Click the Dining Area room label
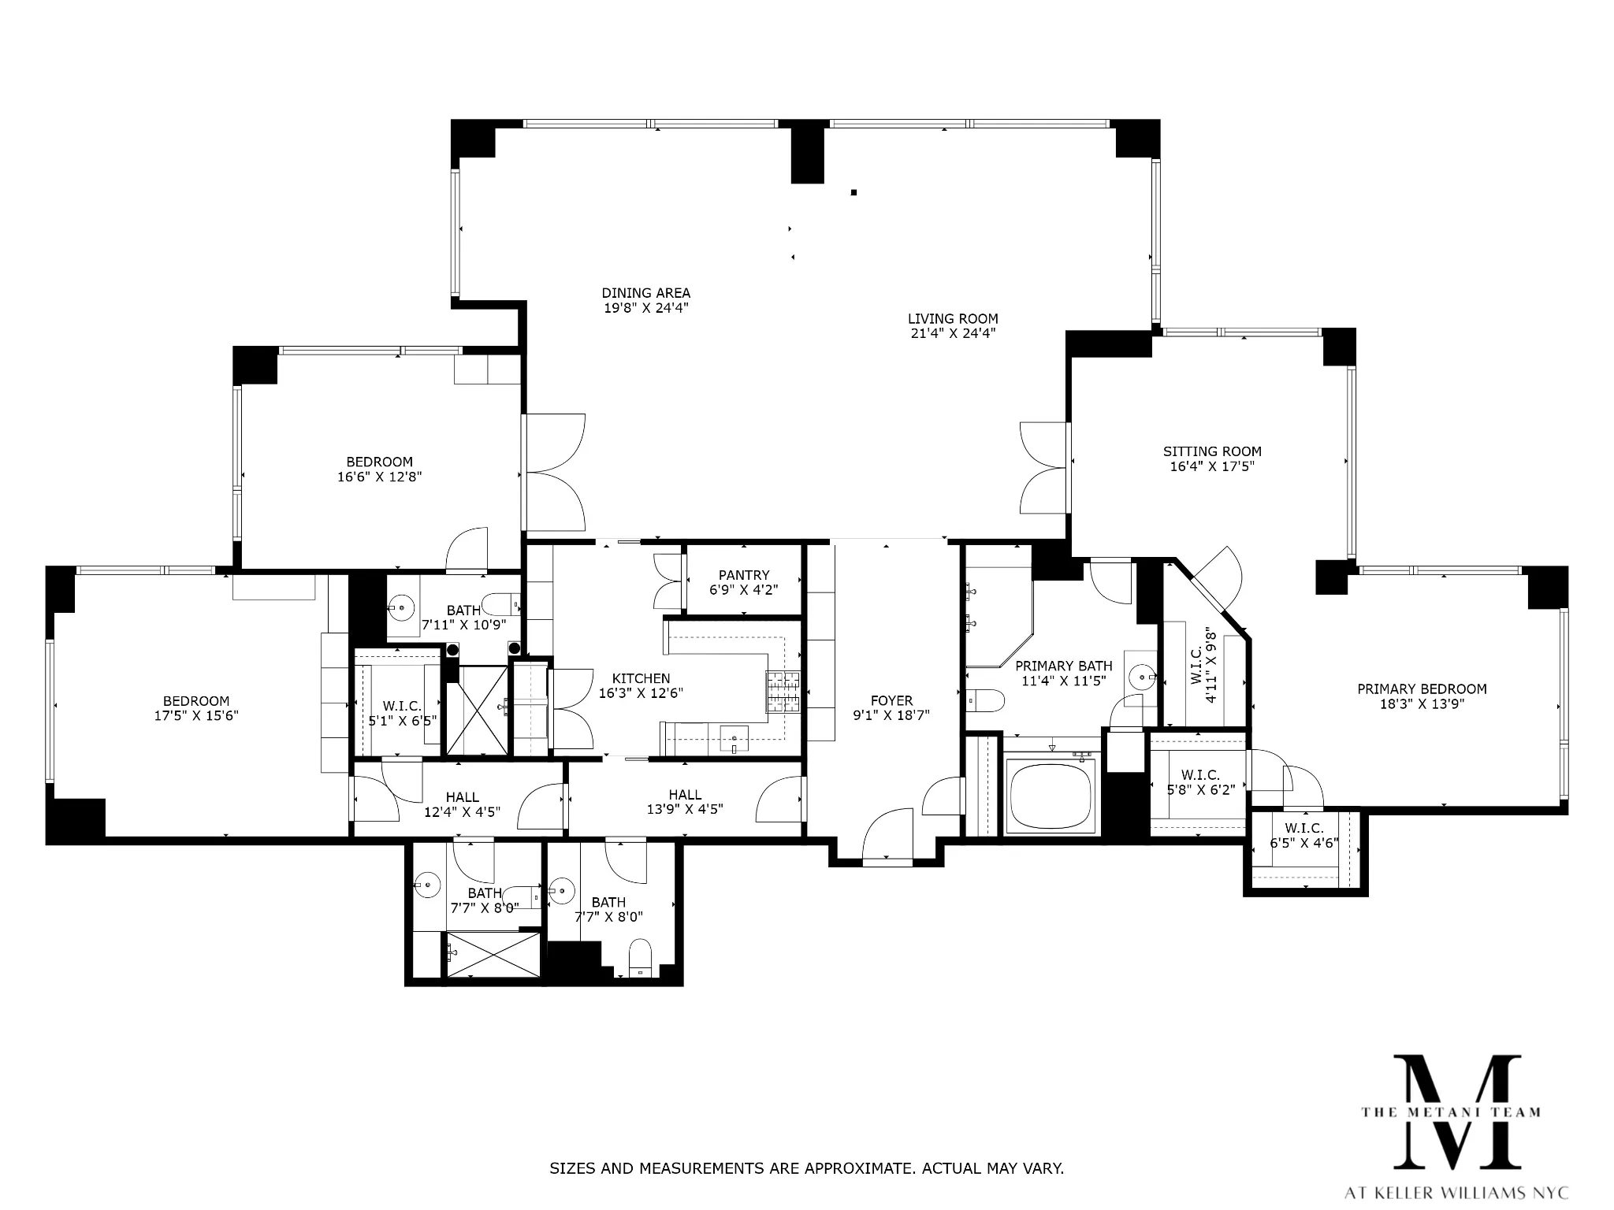coord(645,293)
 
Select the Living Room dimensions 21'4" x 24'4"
coord(952,333)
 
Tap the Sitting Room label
coord(1211,451)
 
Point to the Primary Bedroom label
coord(1421,689)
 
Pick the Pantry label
coord(743,575)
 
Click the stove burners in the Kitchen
coord(783,691)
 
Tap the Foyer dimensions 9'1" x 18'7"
coord(891,715)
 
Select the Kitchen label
coord(641,678)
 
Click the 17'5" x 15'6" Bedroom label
coord(196,701)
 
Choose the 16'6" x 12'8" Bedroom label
coord(379,462)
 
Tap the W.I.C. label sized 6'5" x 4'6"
coord(1303,828)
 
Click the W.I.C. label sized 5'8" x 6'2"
coord(1200,775)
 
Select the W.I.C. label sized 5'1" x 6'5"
coord(402,706)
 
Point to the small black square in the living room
coord(853,192)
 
